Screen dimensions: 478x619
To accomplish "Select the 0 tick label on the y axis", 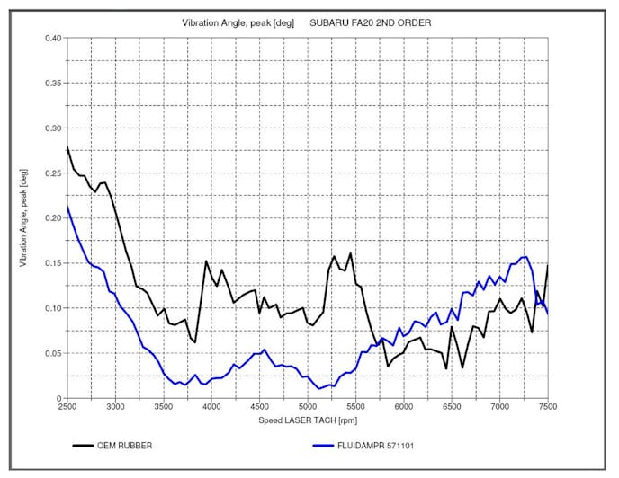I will pos(58,398).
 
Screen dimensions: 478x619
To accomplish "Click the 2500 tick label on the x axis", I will pos(67,408).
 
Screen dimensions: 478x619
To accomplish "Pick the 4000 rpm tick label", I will pos(211,408).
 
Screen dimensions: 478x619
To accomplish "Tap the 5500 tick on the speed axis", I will pos(355,408).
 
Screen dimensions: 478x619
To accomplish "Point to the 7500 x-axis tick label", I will pos(547,408).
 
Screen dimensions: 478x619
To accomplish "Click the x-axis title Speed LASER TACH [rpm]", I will pos(307,419).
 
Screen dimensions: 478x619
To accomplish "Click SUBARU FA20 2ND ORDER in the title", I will pos(370,22).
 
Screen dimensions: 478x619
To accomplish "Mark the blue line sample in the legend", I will pos(334,445).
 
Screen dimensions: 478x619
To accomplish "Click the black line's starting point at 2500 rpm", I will pos(67,147).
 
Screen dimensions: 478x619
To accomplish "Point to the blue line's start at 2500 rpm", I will pos(67,207).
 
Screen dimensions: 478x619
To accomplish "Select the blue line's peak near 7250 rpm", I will pos(525,257).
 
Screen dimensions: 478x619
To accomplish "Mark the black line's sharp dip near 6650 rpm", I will pos(462,367).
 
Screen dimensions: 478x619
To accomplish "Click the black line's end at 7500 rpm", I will pos(547,266).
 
